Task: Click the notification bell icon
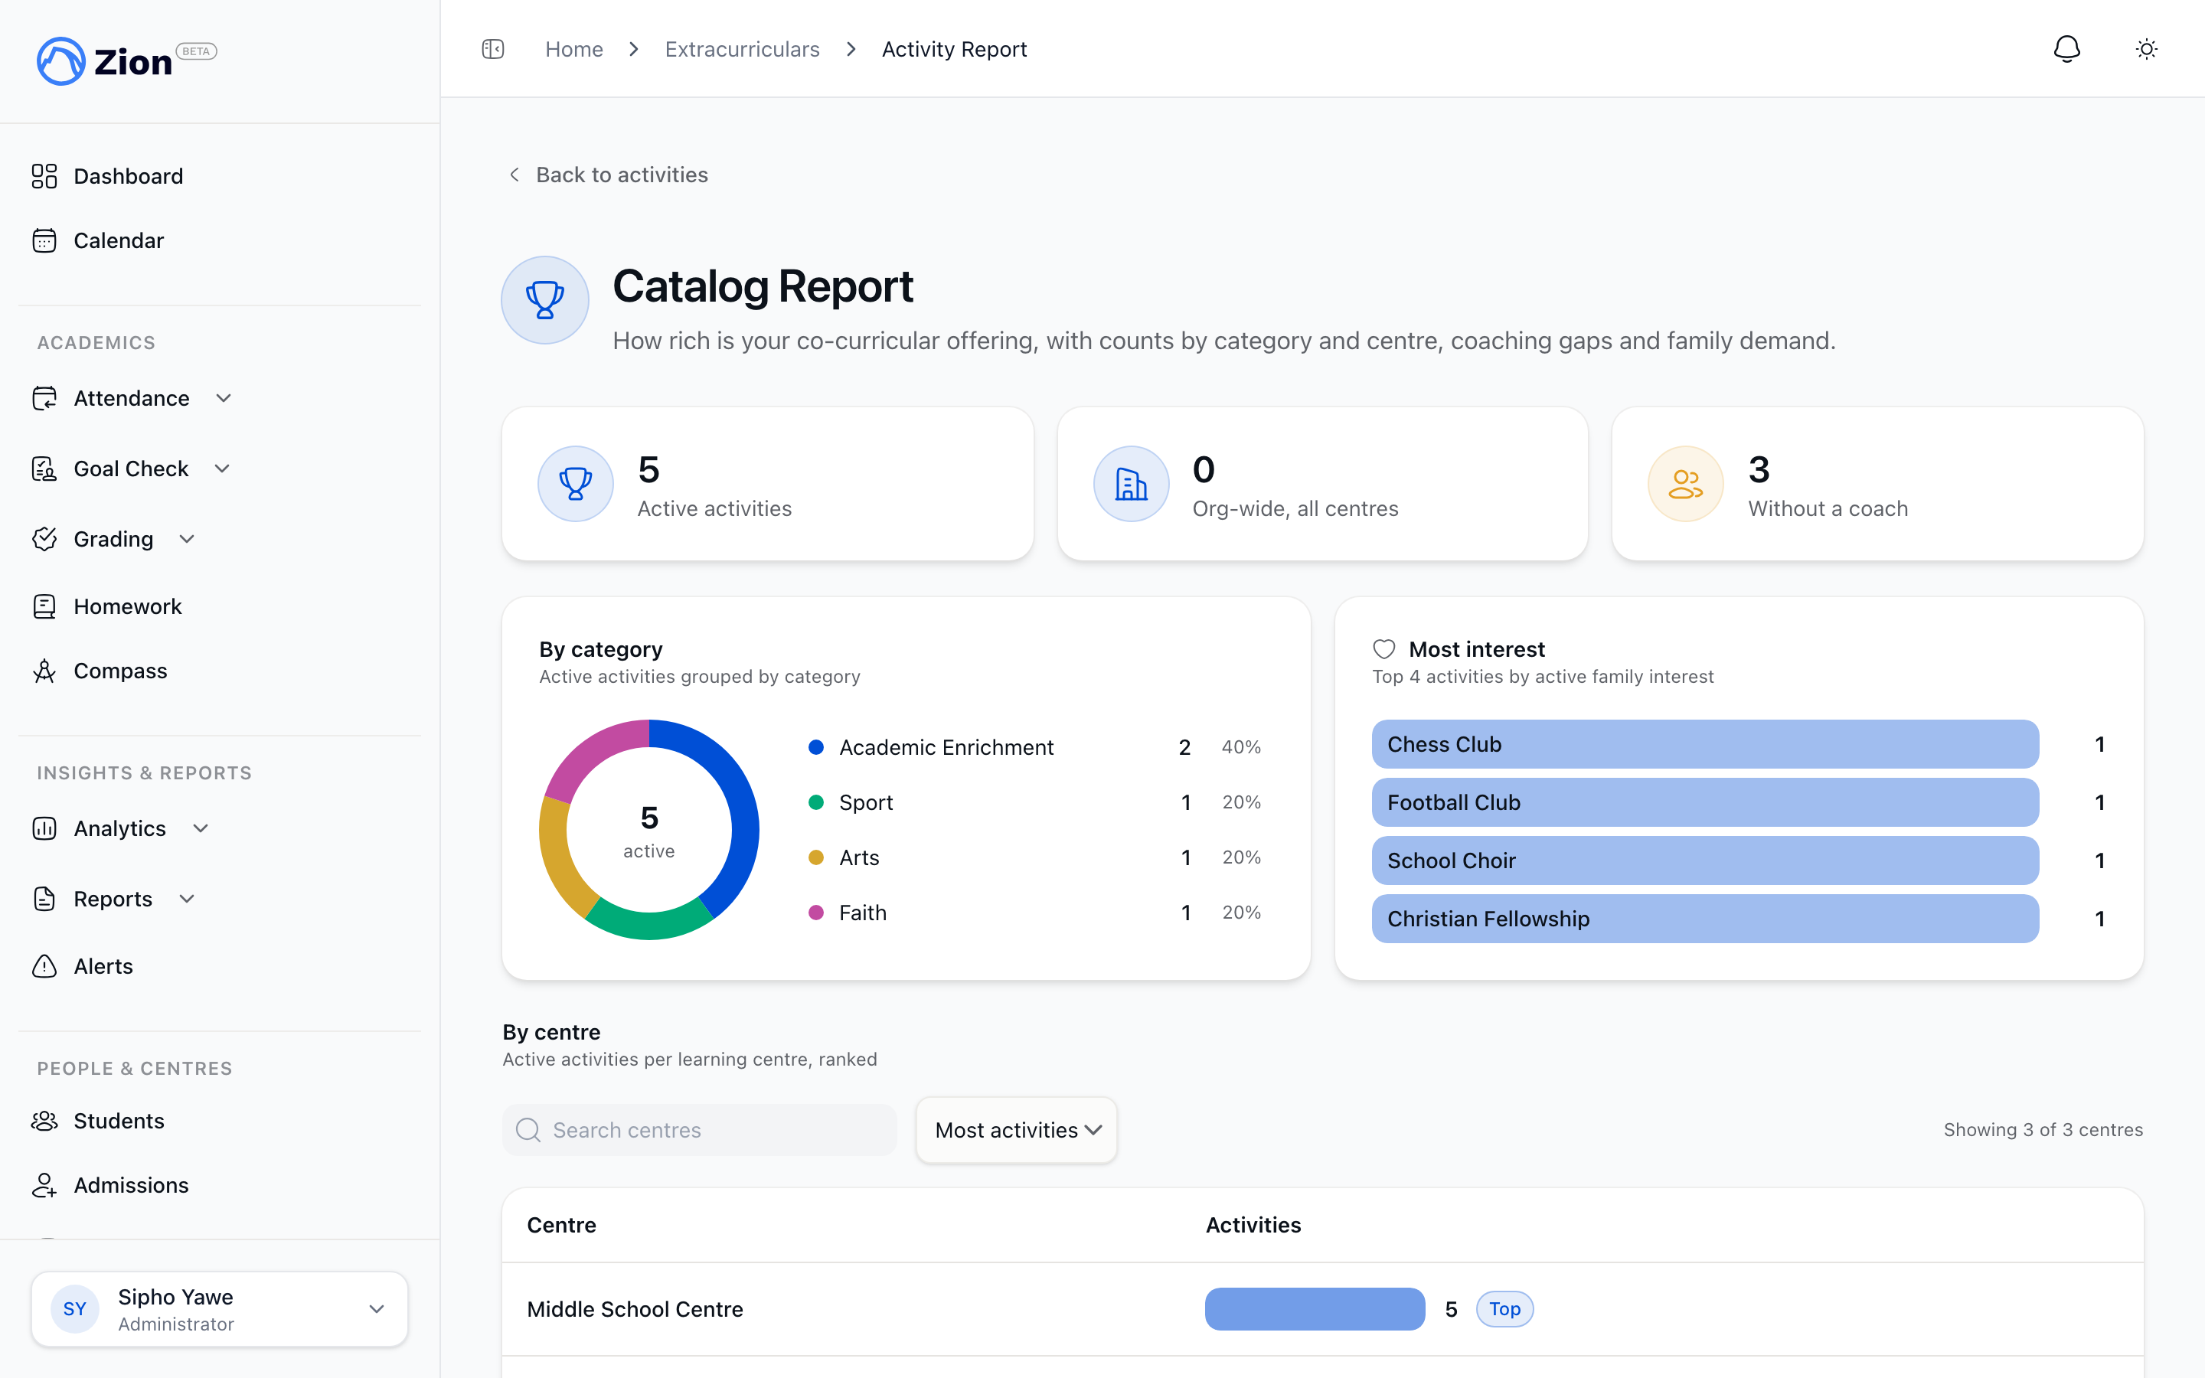tap(2066, 49)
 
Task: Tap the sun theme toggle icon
tap(2146, 49)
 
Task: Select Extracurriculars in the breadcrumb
tap(742, 49)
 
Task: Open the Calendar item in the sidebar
tap(119, 240)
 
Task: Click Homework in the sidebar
tap(128, 606)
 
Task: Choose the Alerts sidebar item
tap(103, 966)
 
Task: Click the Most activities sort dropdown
tap(1017, 1130)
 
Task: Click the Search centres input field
tap(699, 1130)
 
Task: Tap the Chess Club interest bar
tap(1705, 745)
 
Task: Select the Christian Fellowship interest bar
tap(1705, 919)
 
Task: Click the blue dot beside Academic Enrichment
tap(816, 747)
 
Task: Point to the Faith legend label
tap(862, 913)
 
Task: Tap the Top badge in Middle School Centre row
tap(1504, 1309)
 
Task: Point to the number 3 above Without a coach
tap(1759, 469)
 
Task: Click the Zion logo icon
tap(60, 61)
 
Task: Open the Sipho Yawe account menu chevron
tap(377, 1309)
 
